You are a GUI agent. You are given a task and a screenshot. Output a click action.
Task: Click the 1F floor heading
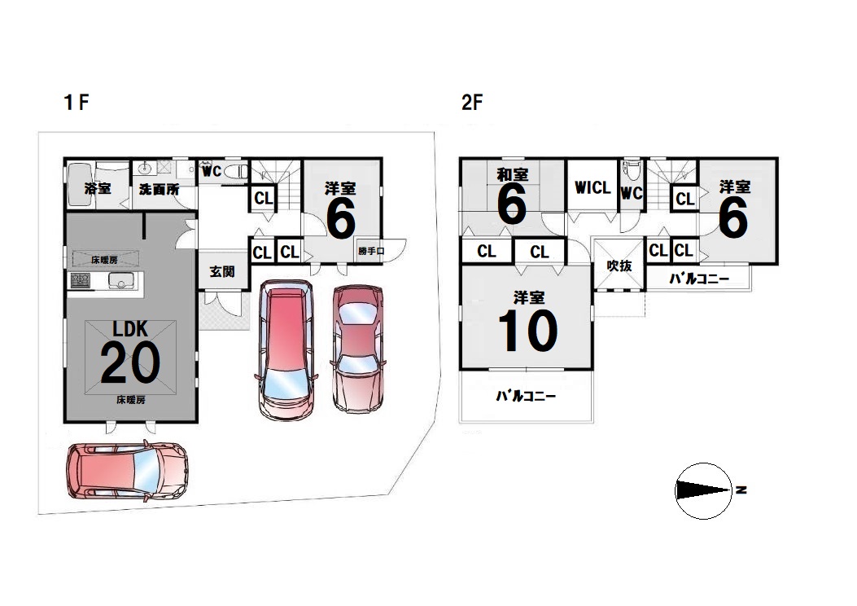pyautogui.click(x=77, y=102)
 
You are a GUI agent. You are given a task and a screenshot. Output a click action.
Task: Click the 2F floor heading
pyautogui.click(x=472, y=103)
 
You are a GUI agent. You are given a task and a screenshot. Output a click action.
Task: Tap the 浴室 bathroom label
pyautogui.click(x=98, y=189)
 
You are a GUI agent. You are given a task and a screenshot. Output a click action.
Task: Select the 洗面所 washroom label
pyautogui.click(x=159, y=189)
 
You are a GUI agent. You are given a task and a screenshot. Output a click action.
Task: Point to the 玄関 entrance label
pyautogui.click(x=222, y=271)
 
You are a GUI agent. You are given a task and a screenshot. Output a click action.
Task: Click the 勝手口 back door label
pyautogui.click(x=371, y=251)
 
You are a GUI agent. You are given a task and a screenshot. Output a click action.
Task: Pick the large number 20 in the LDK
pyautogui.click(x=130, y=362)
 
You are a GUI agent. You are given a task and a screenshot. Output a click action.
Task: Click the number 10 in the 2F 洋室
pyautogui.click(x=528, y=331)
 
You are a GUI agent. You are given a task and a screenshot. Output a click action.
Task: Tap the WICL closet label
pyautogui.click(x=592, y=187)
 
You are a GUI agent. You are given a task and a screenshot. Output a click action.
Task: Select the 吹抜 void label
pyautogui.click(x=619, y=266)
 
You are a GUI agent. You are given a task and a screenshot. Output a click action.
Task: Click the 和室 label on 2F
pyautogui.click(x=512, y=174)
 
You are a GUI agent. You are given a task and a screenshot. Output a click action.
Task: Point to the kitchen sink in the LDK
pyautogui.click(x=120, y=281)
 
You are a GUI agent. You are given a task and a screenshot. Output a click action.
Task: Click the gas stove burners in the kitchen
pyautogui.click(x=80, y=281)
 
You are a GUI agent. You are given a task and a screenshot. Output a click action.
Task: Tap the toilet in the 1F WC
pyautogui.click(x=236, y=172)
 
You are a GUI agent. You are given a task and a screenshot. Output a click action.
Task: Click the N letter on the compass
pyautogui.click(x=741, y=490)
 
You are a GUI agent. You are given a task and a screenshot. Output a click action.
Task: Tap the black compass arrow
pyautogui.click(x=703, y=490)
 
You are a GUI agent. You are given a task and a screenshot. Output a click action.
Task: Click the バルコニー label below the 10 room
pyautogui.click(x=526, y=395)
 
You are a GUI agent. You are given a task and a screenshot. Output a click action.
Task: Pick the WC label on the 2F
pyautogui.click(x=631, y=193)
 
